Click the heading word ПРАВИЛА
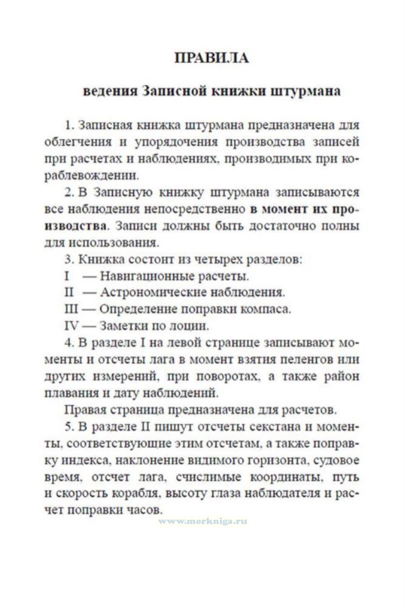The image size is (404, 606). (x=211, y=58)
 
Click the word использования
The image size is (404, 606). (x=124, y=241)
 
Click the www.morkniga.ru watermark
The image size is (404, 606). (x=202, y=521)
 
